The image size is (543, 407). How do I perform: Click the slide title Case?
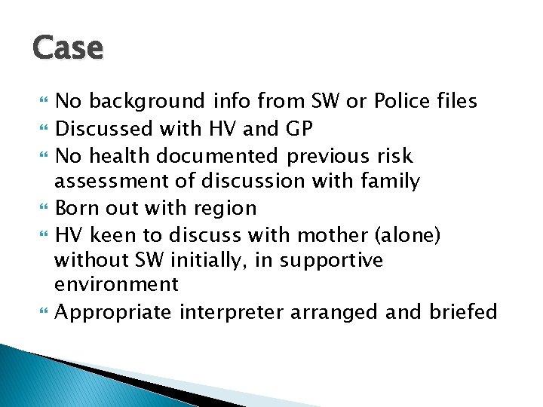tap(68, 47)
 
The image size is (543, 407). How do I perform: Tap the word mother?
tap(331, 234)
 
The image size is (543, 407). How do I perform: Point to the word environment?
tap(116, 285)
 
